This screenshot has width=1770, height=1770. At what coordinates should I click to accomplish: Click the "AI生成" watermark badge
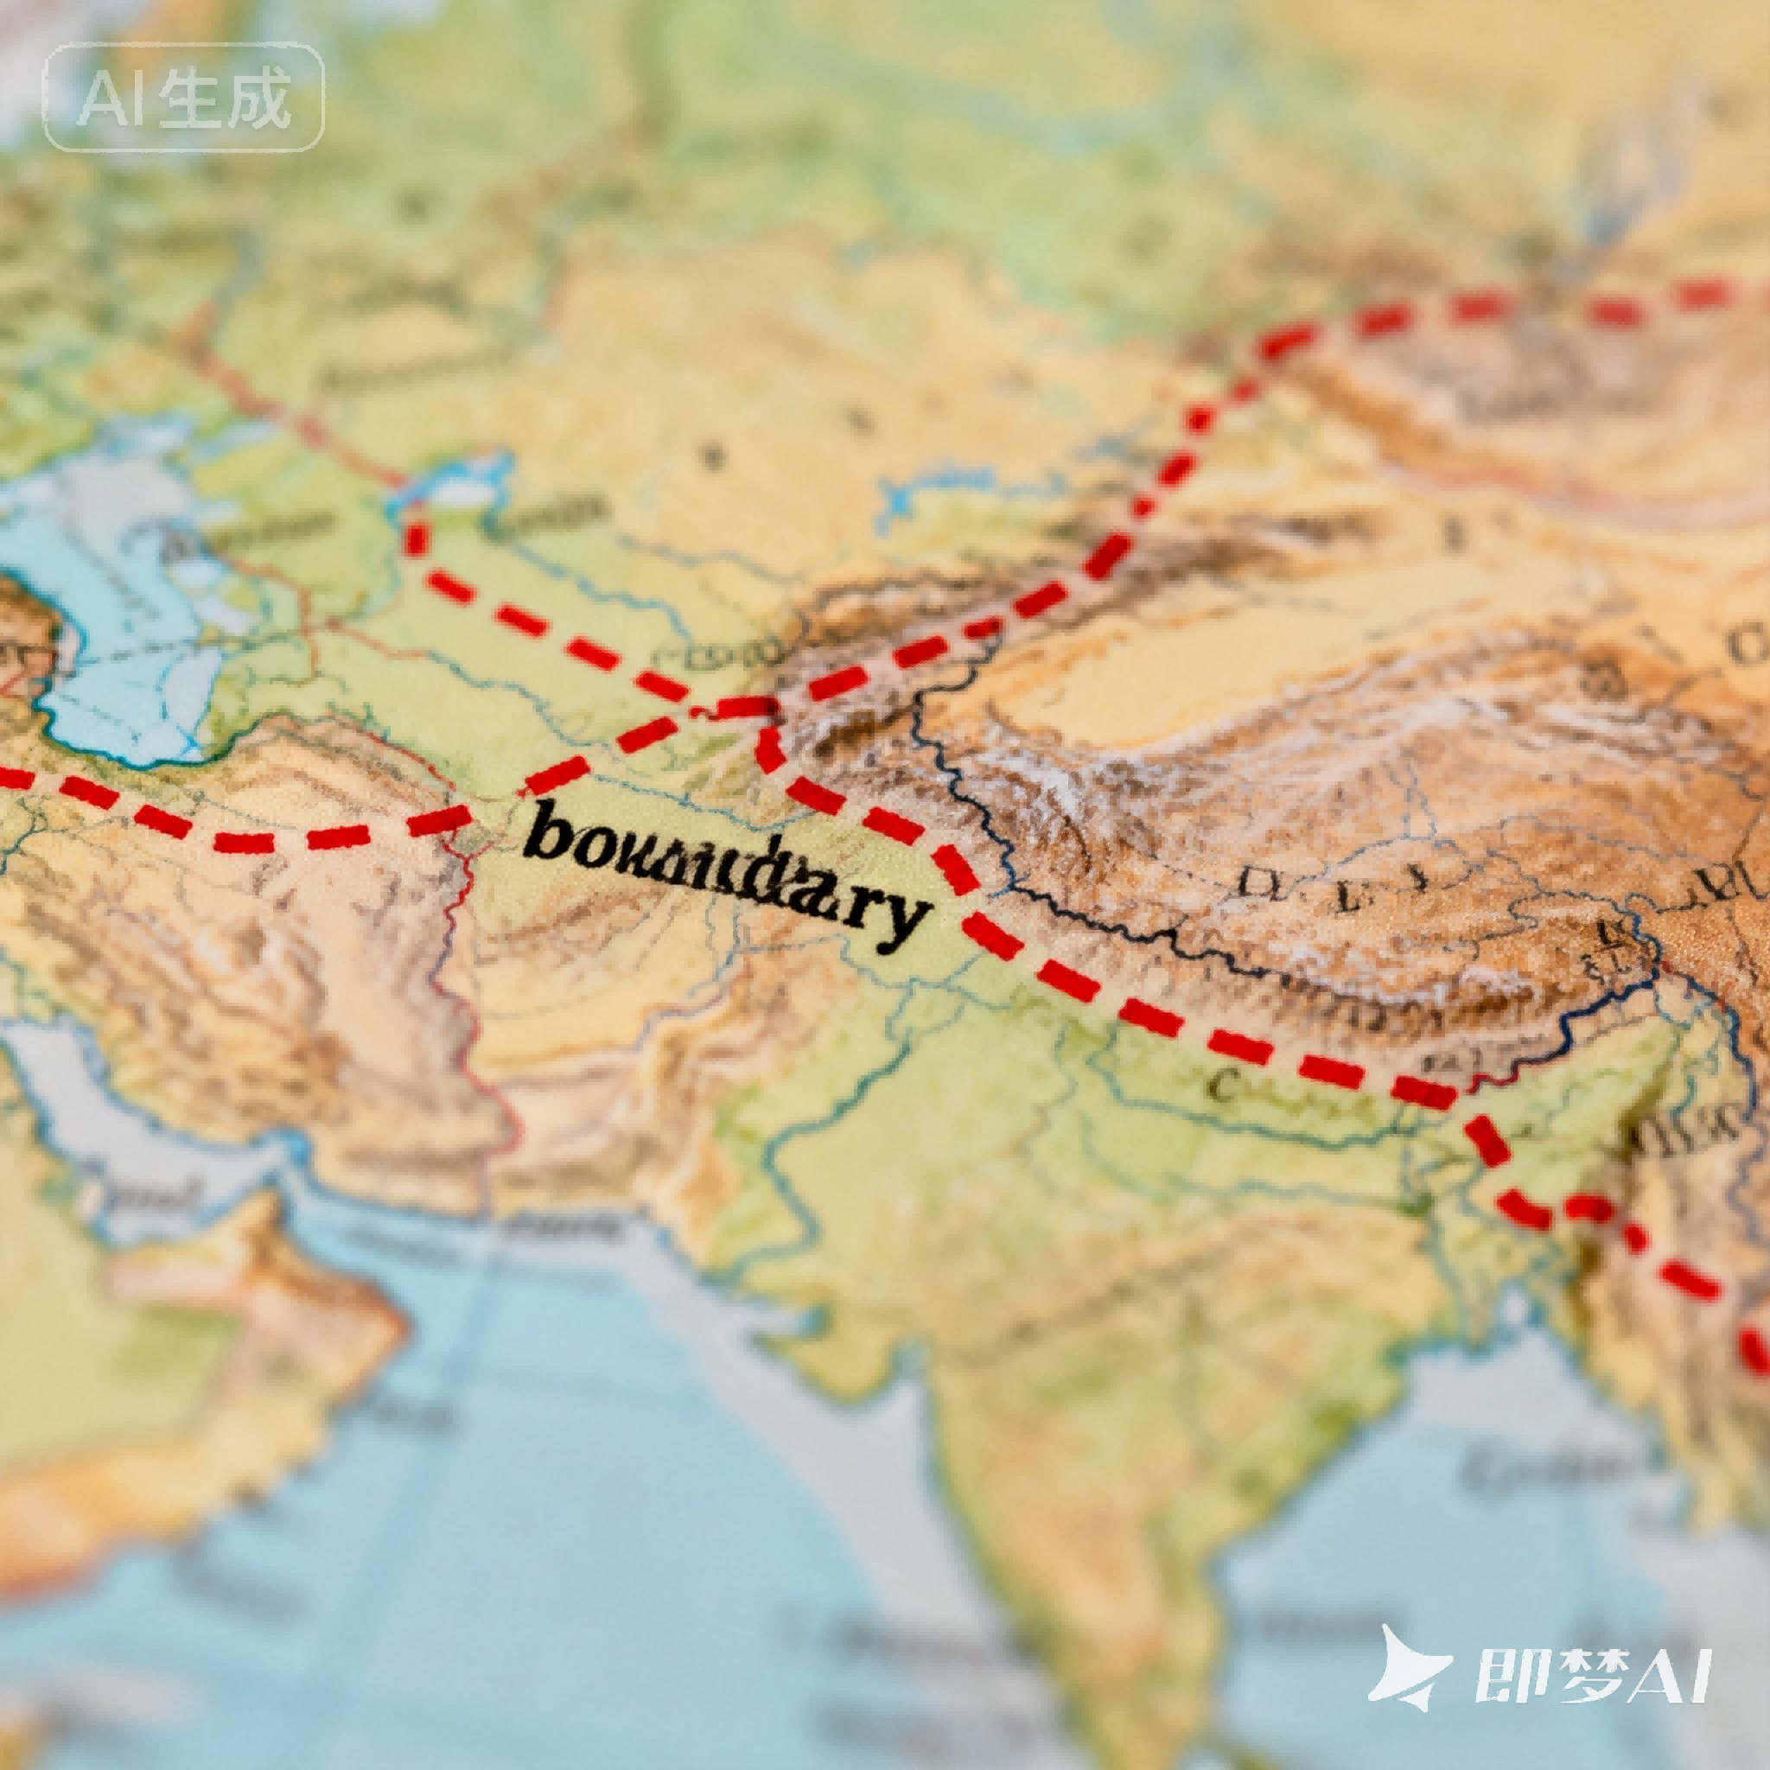pyautogui.click(x=183, y=97)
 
